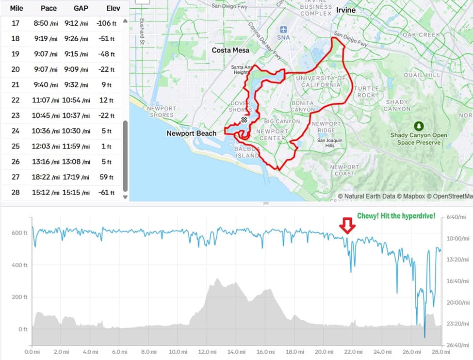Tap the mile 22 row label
pyautogui.click(x=16, y=100)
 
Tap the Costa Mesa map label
pyautogui.click(x=230, y=50)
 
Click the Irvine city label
pyautogui.click(x=345, y=10)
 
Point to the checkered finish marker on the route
pyautogui.click(x=245, y=119)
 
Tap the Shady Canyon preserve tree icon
pyautogui.click(x=418, y=125)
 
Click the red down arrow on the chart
pyautogui.click(x=346, y=225)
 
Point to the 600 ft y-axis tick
pyautogui.click(x=20, y=233)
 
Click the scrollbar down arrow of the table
pyautogui.click(x=125, y=197)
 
